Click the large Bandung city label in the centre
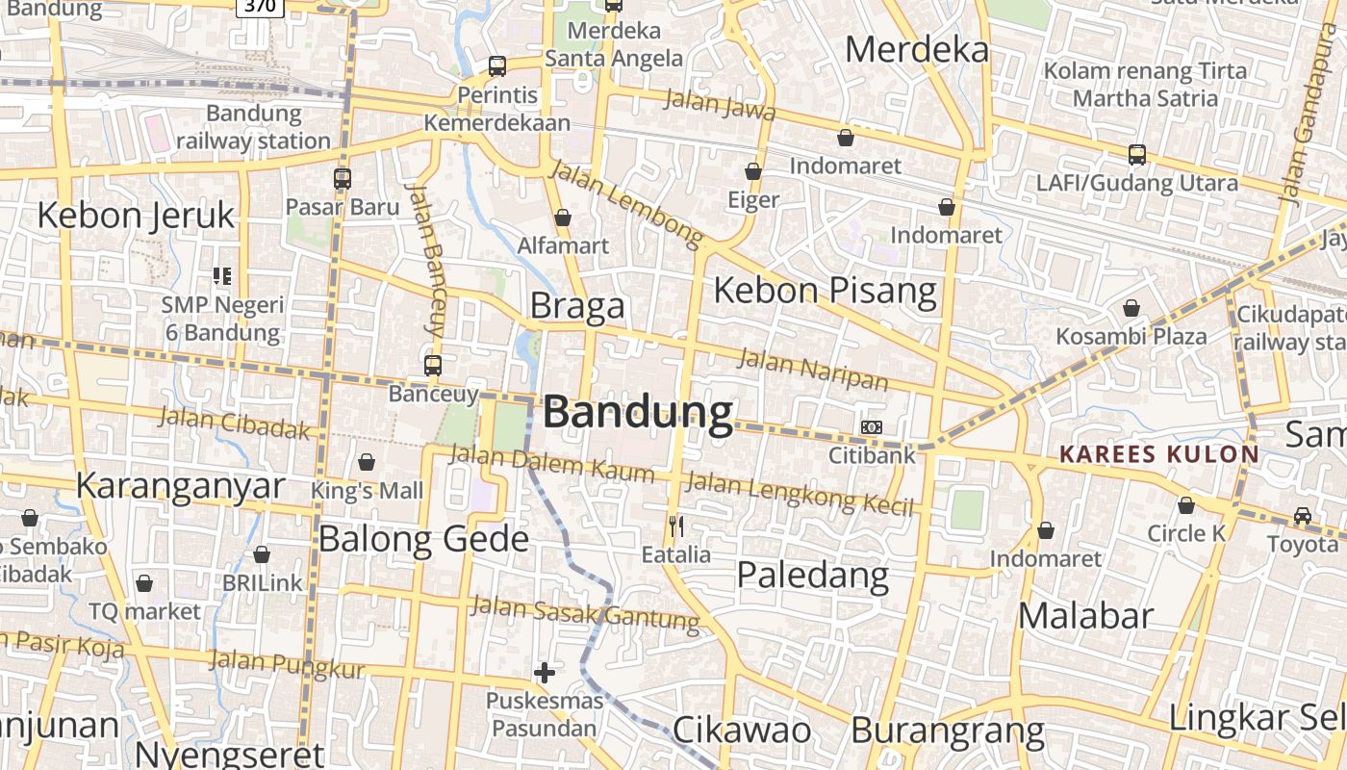pyautogui.click(x=638, y=412)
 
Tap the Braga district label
pyautogui.click(x=577, y=306)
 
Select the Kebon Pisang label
pyautogui.click(x=825, y=290)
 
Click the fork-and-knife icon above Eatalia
pyautogui.click(x=676, y=526)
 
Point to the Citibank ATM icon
pyautogui.click(x=871, y=426)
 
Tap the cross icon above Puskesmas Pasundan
pyautogui.click(x=545, y=672)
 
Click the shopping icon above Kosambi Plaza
pyautogui.click(x=1131, y=308)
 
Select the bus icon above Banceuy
pyautogui.click(x=433, y=366)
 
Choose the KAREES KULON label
pyautogui.click(x=1158, y=454)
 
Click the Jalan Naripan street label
pyautogui.click(x=814, y=372)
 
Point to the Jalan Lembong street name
pyautogui.click(x=626, y=204)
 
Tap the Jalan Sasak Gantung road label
pyautogui.click(x=585, y=613)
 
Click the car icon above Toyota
pyautogui.click(x=1303, y=515)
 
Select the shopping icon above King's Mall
pyautogui.click(x=366, y=462)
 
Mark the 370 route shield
pyautogui.click(x=260, y=6)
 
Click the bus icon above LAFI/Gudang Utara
pyautogui.click(x=1137, y=154)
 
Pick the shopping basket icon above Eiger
pyautogui.click(x=753, y=171)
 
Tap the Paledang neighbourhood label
pyautogui.click(x=812, y=575)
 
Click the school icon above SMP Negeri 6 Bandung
pyautogui.click(x=223, y=276)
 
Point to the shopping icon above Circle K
pyautogui.click(x=1186, y=505)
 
